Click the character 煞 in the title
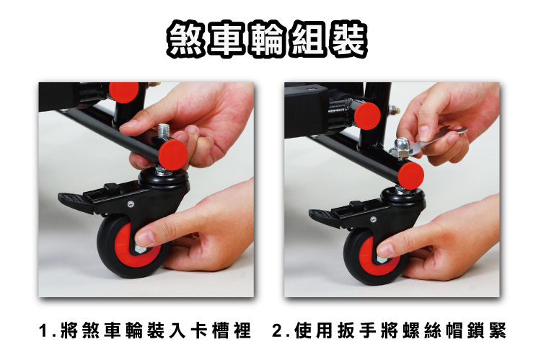(x=186, y=39)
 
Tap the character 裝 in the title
(x=347, y=39)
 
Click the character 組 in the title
(x=307, y=39)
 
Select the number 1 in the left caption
(x=43, y=330)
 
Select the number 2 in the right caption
(x=277, y=330)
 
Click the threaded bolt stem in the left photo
(x=163, y=133)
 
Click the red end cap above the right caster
(x=410, y=176)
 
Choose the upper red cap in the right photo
(x=367, y=116)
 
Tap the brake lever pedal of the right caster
(x=323, y=216)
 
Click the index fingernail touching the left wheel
(x=144, y=238)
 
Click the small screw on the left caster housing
(x=131, y=204)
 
